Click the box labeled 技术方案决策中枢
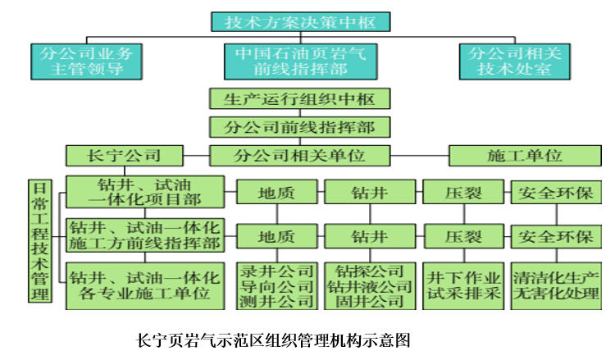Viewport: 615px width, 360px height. coord(300,21)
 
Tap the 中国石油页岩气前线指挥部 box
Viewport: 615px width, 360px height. coord(301,61)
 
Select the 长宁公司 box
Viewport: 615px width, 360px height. coord(124,155)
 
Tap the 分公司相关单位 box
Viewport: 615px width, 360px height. coord(299,155)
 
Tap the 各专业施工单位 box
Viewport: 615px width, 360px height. coord(144,284)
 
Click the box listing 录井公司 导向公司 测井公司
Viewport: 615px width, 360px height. coord(276,284)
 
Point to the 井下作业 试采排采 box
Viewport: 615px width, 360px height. coord(463,284)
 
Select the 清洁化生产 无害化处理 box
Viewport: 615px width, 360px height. coord(556,284)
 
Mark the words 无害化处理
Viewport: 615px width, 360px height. coord(556,294)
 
